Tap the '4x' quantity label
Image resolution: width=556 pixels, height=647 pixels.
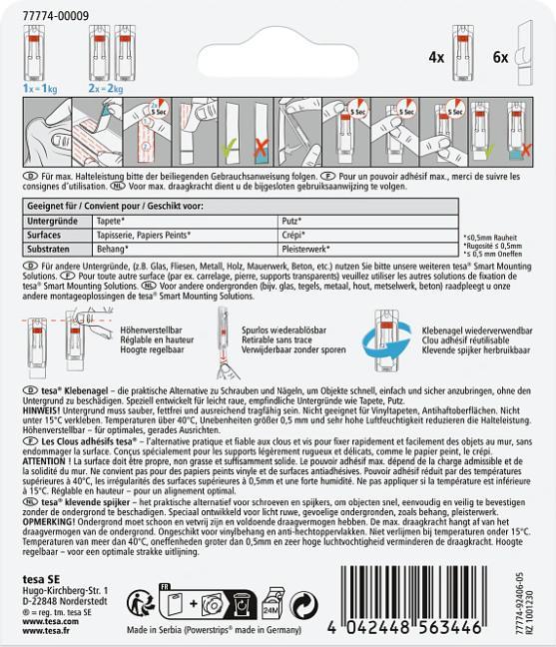(x=436, y=58)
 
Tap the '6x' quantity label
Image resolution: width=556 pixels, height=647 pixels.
(x=500, y=58)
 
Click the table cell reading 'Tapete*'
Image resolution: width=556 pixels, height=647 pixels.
(x=109, y=219)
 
